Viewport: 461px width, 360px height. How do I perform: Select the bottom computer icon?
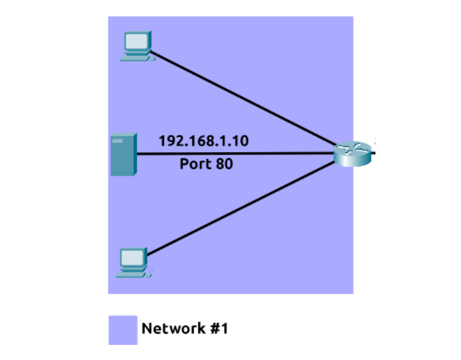[134, 263]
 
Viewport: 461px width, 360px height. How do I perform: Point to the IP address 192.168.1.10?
[203, 141]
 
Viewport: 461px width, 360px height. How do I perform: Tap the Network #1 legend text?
[184, 329]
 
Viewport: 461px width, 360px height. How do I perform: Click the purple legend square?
[123, 329]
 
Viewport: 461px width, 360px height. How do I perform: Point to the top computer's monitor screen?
[137, 41]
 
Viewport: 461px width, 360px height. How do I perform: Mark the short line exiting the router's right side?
[374, 151]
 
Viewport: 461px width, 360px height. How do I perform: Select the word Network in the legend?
[173, 329]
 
